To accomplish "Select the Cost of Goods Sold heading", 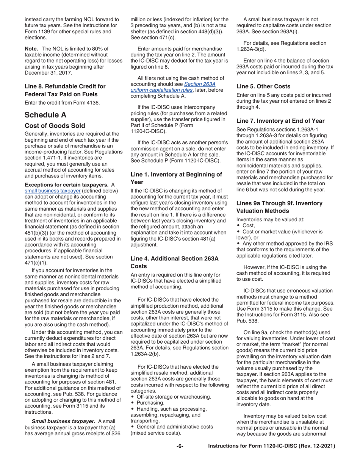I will [x=55, y=125].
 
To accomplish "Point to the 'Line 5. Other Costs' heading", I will [x=263, y=86].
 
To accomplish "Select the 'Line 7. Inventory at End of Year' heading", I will [x=280, y=121].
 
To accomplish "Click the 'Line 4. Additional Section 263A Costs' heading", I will [x=174, y=262].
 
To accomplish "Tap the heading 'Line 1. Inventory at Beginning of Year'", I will [x=176, y=178].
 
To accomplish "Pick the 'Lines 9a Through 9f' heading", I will [x=279, y=206].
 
